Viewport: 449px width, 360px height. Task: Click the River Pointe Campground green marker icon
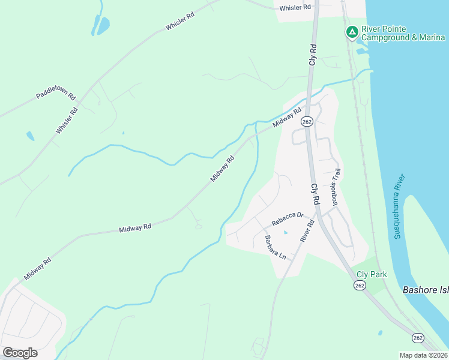352,31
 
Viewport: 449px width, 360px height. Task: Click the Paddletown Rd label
55,95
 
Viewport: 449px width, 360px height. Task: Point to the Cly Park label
372,275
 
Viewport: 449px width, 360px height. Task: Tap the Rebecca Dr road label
288,220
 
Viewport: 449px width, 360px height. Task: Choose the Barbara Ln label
276,247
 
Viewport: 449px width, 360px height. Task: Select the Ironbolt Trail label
336,187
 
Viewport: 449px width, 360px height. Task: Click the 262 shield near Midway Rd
307,121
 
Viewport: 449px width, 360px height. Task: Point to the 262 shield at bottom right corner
418,339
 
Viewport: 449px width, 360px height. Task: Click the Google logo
20,353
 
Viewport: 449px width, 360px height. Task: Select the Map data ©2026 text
423,355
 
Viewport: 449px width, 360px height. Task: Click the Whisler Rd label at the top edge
295,7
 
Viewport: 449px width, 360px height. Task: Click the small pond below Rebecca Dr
286,233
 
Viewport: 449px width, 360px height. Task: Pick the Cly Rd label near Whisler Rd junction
313,54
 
